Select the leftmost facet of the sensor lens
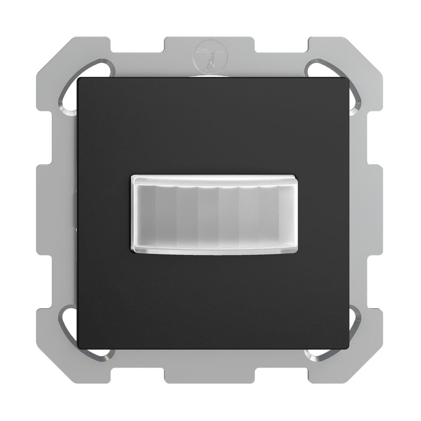click(x=144, y=214)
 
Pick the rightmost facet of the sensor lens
click(x=286, y=214)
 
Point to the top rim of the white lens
click(x=213, y=179)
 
